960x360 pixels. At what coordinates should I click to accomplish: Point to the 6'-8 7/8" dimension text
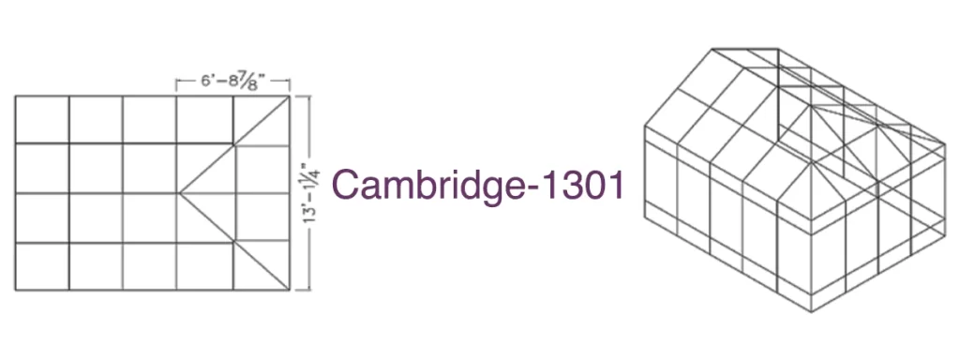(x=232, y=82)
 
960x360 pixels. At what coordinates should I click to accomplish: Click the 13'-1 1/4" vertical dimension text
(x=313, y=193)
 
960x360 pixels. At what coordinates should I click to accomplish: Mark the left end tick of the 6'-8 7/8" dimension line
(x=176, y=85)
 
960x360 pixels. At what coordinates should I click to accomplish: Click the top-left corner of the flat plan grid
(x=15, y=97)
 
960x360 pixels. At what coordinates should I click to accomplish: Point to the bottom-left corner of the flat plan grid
(x=15, y=290)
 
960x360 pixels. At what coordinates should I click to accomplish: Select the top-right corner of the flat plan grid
(x=290, y=97)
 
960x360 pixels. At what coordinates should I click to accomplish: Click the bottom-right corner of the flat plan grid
(x=290, y=290)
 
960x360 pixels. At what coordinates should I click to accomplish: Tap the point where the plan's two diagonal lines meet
(x=179, y=193)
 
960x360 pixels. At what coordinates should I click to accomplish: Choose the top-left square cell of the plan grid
(x=42, y=119)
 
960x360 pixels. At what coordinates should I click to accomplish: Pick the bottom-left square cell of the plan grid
(x=42, y=266)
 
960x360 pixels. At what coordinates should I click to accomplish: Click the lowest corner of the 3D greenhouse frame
(x=812, y=311)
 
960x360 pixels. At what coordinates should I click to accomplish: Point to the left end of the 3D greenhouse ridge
(x=712, y=49)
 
